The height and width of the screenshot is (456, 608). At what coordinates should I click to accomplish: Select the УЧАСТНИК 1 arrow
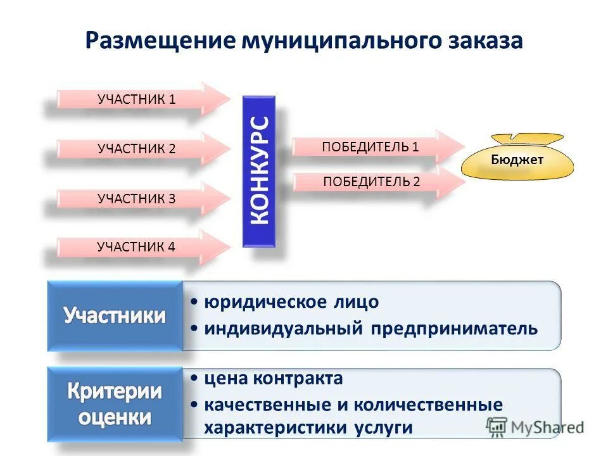(137, 99)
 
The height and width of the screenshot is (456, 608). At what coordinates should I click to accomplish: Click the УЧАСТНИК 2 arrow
(137, 149)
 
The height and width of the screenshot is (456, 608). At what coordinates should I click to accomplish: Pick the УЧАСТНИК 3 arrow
(137, 199)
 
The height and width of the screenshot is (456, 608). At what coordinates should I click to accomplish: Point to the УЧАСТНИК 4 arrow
(137, 248)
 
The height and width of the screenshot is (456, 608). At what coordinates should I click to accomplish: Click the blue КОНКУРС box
(260, 171)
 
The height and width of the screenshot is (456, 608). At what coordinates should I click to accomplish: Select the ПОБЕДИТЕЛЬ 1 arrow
(371, 147)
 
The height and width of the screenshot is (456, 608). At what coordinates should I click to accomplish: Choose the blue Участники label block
(115, 316)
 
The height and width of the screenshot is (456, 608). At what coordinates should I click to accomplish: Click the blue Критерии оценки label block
(115, 404)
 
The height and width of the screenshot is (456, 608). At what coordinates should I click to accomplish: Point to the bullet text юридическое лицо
(291, 302)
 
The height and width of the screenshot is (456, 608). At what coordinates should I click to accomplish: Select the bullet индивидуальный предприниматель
(370, 329)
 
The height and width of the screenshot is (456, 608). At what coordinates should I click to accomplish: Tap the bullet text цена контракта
(273, 379)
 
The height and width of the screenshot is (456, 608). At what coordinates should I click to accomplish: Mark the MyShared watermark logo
(535, 426)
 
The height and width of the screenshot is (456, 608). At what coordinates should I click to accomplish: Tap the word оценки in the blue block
(115, 418)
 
